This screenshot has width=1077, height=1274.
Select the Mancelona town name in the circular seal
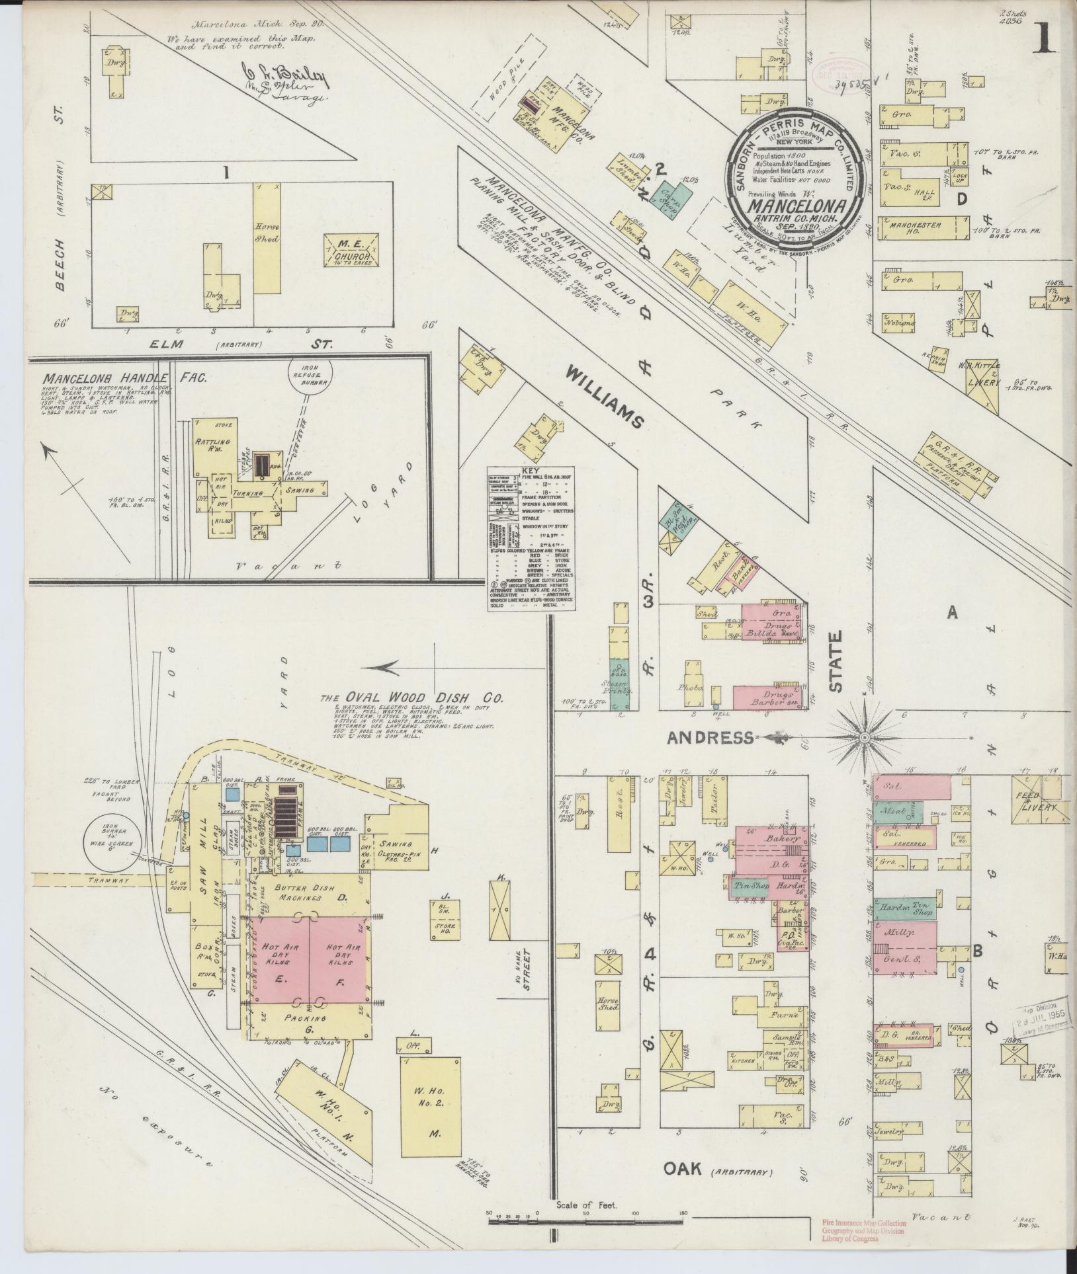tap(793, 204)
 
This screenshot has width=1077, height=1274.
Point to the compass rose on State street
tap(865, 736)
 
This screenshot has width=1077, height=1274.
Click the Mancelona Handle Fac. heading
tap(125, 378)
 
